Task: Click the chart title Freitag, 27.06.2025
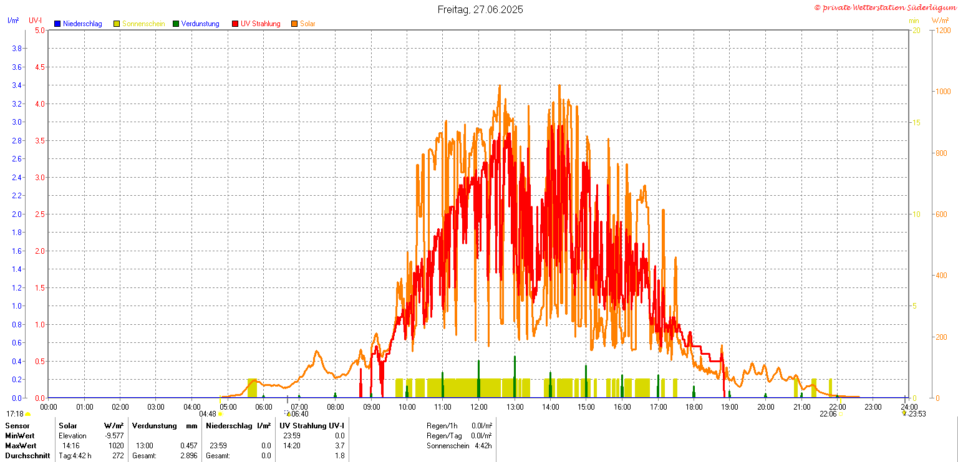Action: [x=480, y=9]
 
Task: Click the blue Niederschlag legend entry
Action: [x=82, y=24]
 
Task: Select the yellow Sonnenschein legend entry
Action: [x=143, y=24]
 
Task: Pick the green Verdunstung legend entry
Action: [x=200, y=24]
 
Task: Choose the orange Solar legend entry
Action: [x=307, y=24]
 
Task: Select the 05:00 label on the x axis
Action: [x=228, y=407]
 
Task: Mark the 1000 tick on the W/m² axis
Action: [x=942, y=91]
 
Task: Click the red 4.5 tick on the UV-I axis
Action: [x=39, y=67]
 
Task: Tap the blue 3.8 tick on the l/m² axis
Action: [x=18, y=49]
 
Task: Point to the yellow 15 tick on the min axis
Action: [x=916, y=122]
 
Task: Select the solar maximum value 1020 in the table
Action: [x=115, y=446]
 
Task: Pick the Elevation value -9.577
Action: [x=115, y=436]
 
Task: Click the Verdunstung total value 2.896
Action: [x=188, y=456]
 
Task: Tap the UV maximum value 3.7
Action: [x=339, y=446]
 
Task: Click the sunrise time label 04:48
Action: [x=208, y=414]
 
